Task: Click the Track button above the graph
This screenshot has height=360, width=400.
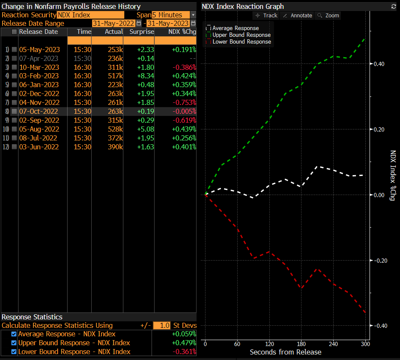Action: tap(266, 15)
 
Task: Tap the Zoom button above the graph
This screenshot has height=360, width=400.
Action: tap(328, 15)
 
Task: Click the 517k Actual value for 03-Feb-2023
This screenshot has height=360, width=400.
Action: tap(115, 76)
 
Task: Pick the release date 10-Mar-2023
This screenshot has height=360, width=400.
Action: tap(39, 67)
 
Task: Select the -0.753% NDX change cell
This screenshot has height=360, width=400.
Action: tap(184, 102)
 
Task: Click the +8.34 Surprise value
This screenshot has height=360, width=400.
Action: tap(145, 76)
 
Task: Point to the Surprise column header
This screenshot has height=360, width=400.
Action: tap(142, 32)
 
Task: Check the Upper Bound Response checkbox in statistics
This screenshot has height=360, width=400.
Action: tap(14, 343)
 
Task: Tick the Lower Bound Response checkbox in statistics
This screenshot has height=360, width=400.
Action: tap(14, 352)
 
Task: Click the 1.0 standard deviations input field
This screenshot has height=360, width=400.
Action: tap(162, 325)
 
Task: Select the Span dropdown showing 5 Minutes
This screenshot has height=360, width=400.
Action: tap(174, 15)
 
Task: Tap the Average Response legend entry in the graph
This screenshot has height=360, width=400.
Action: tap(235, 28)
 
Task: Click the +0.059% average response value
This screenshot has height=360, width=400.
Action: tap(184, 334)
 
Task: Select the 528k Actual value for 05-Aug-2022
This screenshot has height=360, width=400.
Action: tap(115, 129)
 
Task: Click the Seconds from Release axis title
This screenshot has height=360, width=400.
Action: tap(285, 352)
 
